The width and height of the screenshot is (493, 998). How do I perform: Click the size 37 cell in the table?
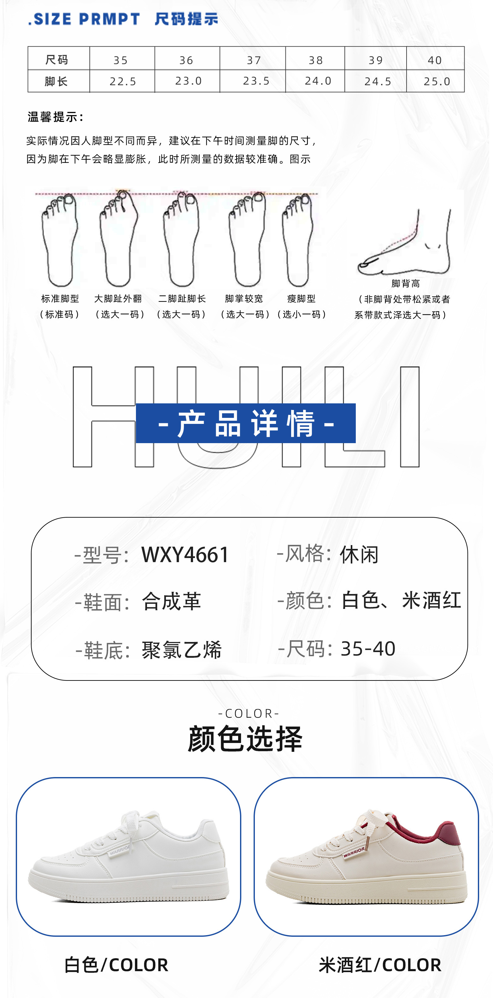(x=254, y=60)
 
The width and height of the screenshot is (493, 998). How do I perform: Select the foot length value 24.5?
(x=378, y=81)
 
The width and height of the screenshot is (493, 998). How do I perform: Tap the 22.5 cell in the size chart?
(x=123, y=81)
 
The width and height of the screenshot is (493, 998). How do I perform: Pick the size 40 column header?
(x=435, y=60)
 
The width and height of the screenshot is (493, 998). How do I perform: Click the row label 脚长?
(x=56, y=81)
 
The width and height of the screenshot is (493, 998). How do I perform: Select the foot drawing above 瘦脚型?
(x=297, y=240)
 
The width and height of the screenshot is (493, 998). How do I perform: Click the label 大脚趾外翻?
(x=118, y=299)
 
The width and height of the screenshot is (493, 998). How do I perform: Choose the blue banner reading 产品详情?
(x=245, y=423)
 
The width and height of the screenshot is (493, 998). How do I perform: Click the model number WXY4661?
(x=185, y=555)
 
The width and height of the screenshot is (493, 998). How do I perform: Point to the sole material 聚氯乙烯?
(x=182, y=650)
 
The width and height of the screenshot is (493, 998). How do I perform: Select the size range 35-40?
(x=368, y=649)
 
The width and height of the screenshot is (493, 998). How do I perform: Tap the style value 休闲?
(x=359, y=555)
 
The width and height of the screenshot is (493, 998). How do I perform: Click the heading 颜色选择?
(x=245, y=739)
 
